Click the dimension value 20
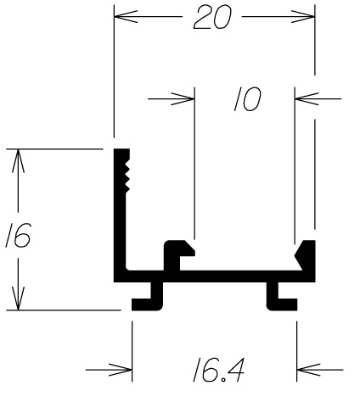click(x=212, y=17)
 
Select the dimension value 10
click(x=248, y=98)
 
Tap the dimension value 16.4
click(x=218, y=370)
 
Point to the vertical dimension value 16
click(x=18, y=235)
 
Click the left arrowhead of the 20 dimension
click(x=126, y=17)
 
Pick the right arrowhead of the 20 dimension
click(x=303, y=17)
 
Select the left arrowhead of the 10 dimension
click(x=183, y=98)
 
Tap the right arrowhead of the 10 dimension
click(x=307, y=98)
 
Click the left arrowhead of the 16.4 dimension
click(x=121, y=370)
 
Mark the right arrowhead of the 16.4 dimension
click(x=309, y=370)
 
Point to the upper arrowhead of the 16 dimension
click(x=18, y=160)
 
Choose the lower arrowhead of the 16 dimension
click(x=18, y=299)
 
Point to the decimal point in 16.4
click(x=223, y=380)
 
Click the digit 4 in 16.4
click(x=235, y=370)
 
